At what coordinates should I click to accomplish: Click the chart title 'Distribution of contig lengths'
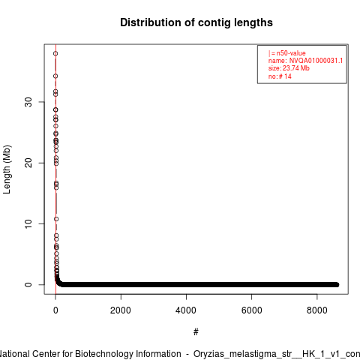[196, 22]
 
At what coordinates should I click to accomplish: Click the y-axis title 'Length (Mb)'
[7, 169]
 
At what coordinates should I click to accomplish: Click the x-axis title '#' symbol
[196, 332]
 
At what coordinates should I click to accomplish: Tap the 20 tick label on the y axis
[28, 163]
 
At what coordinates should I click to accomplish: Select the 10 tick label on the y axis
[28, 223]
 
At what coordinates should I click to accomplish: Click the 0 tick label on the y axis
[28, 285]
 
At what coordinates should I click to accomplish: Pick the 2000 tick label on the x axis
[121, 310]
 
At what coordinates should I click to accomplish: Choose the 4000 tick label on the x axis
[186, 310]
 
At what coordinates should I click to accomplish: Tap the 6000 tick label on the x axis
[251, 310]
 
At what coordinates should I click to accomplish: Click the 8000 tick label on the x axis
[316, 310]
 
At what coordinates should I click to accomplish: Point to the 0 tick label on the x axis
[55, 310]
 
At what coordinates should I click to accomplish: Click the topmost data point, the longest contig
[55, 53]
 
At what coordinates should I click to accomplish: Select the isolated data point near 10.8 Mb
[56, 219]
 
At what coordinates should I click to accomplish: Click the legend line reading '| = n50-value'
[287, 53]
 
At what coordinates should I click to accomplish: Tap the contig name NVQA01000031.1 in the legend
[316, 61]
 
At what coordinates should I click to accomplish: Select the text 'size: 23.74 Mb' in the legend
[289, 68]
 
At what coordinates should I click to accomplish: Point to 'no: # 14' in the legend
[280, 76]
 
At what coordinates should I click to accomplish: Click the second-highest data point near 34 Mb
[55, 76]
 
